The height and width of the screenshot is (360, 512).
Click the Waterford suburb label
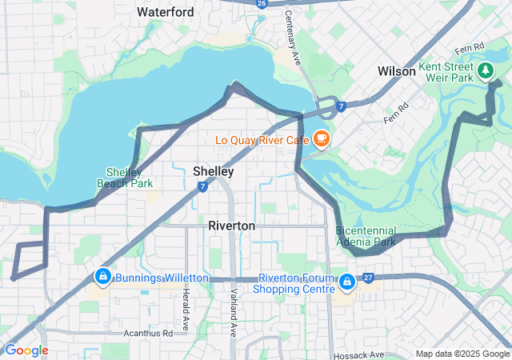165,12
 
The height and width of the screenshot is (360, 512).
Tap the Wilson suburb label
397,71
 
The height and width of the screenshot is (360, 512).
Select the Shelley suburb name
213,171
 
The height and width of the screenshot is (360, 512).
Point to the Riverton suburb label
231,226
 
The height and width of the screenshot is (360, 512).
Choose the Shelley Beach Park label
125,177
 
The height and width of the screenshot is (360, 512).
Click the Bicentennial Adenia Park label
365,236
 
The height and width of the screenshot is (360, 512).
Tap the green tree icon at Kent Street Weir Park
485,71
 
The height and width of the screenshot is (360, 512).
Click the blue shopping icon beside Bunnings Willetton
102,277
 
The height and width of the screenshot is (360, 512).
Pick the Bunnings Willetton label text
162,278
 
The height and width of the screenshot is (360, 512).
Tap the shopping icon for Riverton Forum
346,282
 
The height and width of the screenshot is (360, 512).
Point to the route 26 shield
262,3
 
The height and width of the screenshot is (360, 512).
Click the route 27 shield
368,278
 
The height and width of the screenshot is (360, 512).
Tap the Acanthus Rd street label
148,332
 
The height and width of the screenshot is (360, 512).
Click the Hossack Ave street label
358,354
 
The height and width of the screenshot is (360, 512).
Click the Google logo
26,350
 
